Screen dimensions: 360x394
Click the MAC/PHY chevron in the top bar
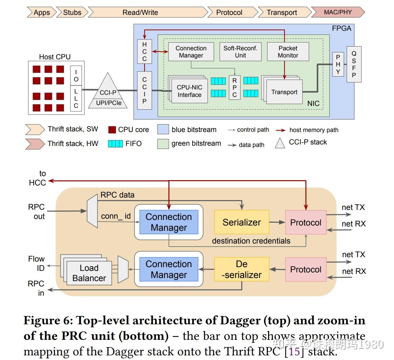pos(338,12)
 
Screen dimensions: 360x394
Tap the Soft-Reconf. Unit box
pos(240,52)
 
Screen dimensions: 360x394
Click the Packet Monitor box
pos(288,52)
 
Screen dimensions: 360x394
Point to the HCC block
pos(144,52)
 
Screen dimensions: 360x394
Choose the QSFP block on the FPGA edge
pos(354,64)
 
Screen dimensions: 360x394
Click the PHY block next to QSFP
pos(338,64)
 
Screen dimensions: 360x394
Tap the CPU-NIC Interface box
pos(189,91)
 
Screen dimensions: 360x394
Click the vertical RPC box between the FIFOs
pos(234,88)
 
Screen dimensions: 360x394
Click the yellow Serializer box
pos(242,222)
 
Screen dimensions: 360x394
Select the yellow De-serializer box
pos(242,269)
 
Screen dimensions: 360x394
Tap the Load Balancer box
pos(89,273)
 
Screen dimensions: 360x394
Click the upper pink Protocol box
pos(306,222)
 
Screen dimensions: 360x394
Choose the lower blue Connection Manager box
pos(169,269)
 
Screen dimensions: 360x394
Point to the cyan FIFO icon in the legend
pos(115,144)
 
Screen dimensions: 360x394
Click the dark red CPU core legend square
pos(112,130)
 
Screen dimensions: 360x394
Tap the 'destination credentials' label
pos(251,241)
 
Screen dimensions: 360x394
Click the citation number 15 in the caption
pos(294,352)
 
